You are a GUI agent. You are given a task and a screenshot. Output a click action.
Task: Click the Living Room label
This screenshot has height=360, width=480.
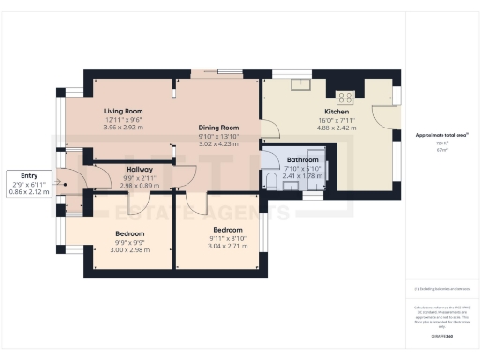(x=122, y=111)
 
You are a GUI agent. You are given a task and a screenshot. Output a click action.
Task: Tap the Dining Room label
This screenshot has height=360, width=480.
(x=217, y=127)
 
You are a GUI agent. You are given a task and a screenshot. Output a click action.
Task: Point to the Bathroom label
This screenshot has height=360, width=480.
(x=302, y=160)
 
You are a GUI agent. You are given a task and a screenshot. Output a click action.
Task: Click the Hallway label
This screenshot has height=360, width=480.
(x=139, y=169)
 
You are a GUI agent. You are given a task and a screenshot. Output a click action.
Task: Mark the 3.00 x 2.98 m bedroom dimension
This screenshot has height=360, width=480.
(x=130, y=249)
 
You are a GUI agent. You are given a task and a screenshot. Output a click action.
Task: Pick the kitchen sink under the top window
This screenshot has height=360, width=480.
(x=302, y=86)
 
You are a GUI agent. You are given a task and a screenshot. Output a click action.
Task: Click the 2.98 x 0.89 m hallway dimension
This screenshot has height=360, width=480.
(x=139, y=185)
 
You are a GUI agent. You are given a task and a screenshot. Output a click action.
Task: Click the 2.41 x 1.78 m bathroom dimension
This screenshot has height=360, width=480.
(x=302, y=175)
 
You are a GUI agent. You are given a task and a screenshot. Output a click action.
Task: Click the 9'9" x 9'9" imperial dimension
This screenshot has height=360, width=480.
(x=130, y=242)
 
